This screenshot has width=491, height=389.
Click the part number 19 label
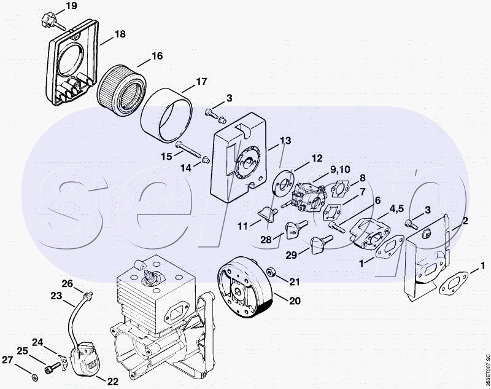[71, 7]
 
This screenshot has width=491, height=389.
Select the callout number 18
[120, 34]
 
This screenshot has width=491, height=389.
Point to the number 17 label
[201, 82]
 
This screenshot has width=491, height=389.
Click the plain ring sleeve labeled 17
[166, 113]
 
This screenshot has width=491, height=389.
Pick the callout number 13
[285, 141]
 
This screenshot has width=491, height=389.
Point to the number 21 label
[295, 282]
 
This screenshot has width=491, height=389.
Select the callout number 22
[113, 381]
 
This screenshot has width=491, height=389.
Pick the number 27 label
[7, 360]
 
